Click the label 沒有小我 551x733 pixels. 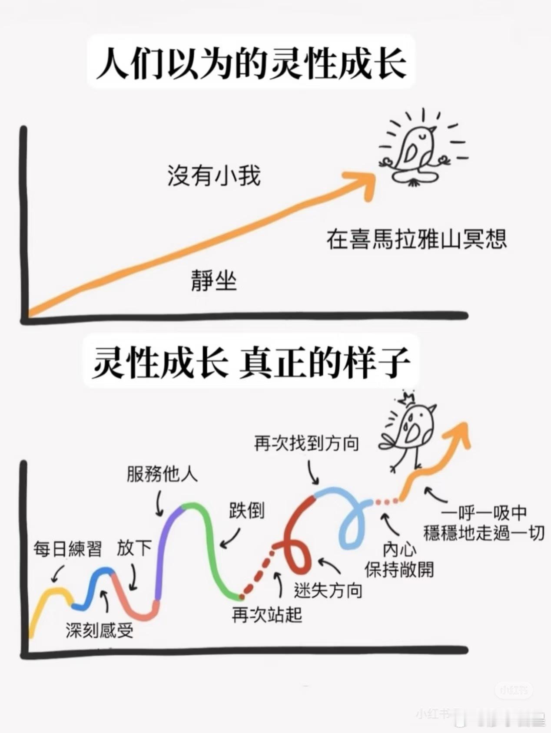pyautogui.click(x=214, y=175)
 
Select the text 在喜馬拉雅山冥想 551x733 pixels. pyautogui.click(x=417, y=239)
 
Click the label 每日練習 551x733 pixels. pyautogui.click(x=68, y=549)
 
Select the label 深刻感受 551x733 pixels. pyautogui.click(x=100, y=631)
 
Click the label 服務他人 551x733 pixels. pyautogui.click(x=162, y=475)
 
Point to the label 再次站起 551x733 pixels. pyautogui.click(x=267, y=614)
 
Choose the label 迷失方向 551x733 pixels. pyautogui.click(x=328, y=590)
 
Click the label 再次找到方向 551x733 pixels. pyautogui.click(x=307, y=443)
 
